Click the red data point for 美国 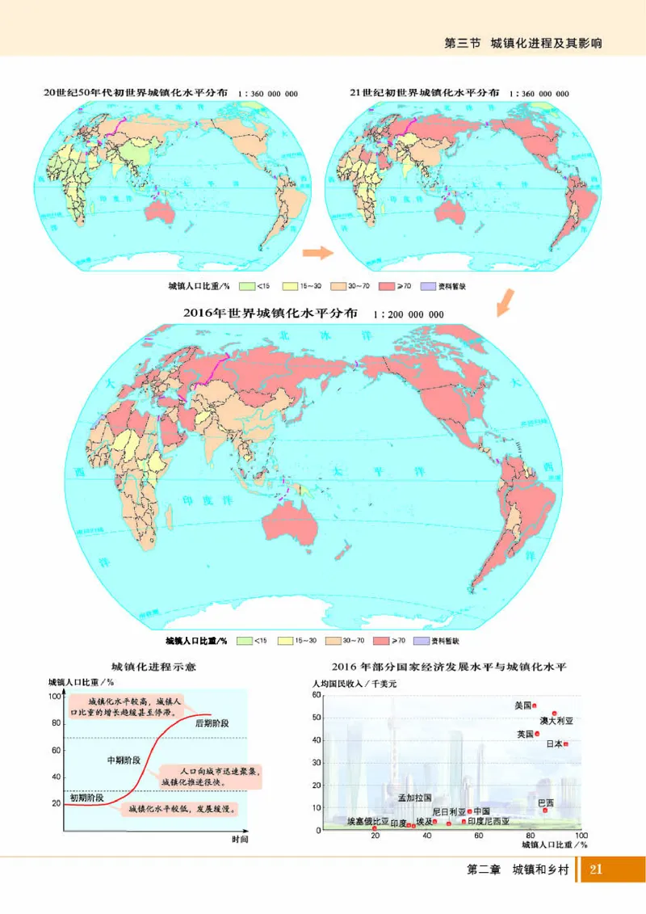coord(535,705)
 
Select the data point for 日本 coord(566,743)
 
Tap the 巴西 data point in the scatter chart coord(545,810)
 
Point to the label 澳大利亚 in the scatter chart coord(557,720)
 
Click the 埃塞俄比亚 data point coord(375,828)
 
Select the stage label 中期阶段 coord(124,760)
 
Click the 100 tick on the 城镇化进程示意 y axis coord(55,696)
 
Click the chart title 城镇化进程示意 coord(153,668)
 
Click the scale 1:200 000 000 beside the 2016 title coord(409,315)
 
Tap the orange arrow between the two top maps coord(317,253)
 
